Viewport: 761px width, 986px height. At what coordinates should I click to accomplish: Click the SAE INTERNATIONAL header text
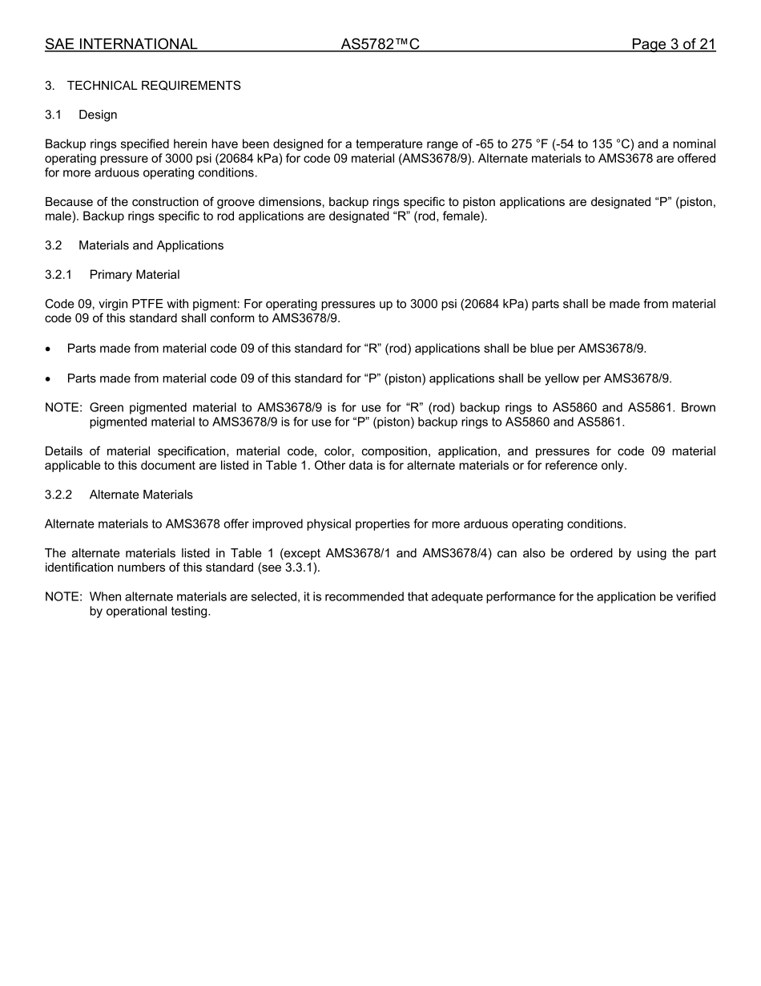click(x=121, y=45)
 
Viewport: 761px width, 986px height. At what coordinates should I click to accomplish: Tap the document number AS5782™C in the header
click(x=380, y=45)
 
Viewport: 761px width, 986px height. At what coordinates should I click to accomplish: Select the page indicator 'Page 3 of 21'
click(x=673, y=45)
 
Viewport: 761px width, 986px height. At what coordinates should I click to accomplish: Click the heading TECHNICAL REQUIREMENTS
click(x=154, y=86)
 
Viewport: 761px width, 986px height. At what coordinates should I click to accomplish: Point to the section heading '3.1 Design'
click(x=81, y=115)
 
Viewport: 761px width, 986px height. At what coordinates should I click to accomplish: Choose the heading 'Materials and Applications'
click(x=151, y=245)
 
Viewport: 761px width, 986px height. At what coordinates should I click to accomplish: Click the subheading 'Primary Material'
click(x=135, y=275)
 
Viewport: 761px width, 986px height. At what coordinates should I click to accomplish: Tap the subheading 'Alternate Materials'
click(x=141, y=495)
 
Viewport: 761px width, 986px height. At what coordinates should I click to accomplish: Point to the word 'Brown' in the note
click(x=698, y=407)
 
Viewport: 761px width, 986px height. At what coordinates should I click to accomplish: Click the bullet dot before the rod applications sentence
click(x=49, y=350)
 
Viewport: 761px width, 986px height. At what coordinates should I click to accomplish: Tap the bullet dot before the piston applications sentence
click(x=49, y=379)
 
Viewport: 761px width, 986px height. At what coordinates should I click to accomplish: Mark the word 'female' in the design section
click(x=463, y=216)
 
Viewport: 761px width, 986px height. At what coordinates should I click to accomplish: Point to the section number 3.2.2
click(x=58, y=495)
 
